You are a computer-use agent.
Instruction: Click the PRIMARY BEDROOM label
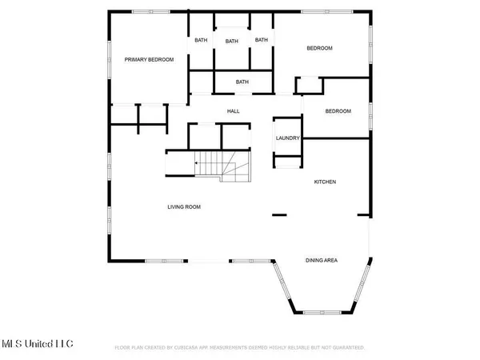pos(149,59)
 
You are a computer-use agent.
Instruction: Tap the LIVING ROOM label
pos(183,207)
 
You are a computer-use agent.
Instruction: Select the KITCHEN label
pos(324,182)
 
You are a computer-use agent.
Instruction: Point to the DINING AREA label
pos(326,260)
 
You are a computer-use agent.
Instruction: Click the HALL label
pos(234,111)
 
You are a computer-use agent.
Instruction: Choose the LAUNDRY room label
pos(287,138)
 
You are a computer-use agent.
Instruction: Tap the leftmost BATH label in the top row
pos(200,40)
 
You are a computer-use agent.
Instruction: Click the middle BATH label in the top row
pos(231,42)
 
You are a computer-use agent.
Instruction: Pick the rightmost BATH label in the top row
pos(261,40)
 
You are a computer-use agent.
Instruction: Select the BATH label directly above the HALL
pos(242,82)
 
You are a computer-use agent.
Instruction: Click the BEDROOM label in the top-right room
pos(319,49)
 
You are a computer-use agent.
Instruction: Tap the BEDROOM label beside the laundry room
pos(338,111)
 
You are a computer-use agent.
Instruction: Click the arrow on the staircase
pos(197,162)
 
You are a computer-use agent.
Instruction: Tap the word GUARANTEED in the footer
pos(348,348)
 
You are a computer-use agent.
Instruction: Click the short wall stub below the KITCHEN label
pos(279,214)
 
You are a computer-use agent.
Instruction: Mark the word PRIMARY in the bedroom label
pos(136,59)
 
